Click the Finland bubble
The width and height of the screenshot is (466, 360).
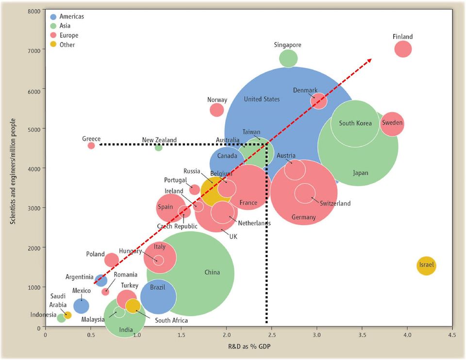[x=403, y=49]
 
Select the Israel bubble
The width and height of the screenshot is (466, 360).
[x=426, y=265]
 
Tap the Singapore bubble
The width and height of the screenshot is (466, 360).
[x=288, y=59]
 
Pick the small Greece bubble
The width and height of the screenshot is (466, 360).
[x=91, y=146]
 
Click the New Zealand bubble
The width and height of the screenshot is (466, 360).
[x=158, y=147]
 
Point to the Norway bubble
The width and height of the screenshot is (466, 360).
[x=216, y=110]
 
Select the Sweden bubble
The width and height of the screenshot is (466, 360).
[x=392, y=124]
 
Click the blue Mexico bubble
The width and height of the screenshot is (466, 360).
[x=81, y=306]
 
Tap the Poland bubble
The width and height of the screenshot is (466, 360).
[x=112, y=260]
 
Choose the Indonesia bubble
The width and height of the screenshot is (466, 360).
[x=61, y=318]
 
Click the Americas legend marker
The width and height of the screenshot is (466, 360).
[x=53, y=17]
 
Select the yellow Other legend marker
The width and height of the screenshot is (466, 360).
[x=53, y=45]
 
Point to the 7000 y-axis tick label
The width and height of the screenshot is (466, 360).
[x=34, y=51]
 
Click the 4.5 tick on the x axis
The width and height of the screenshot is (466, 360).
[x=452, y=335]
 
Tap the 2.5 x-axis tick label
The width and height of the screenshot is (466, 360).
[x=272, y=335]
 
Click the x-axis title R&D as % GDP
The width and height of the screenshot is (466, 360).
[x=249, y=346]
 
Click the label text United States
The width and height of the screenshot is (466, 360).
[x=262, y=99]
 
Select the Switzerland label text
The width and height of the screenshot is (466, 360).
[x=335, y=203]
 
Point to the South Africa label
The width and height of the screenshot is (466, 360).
[x=171, y=321]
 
